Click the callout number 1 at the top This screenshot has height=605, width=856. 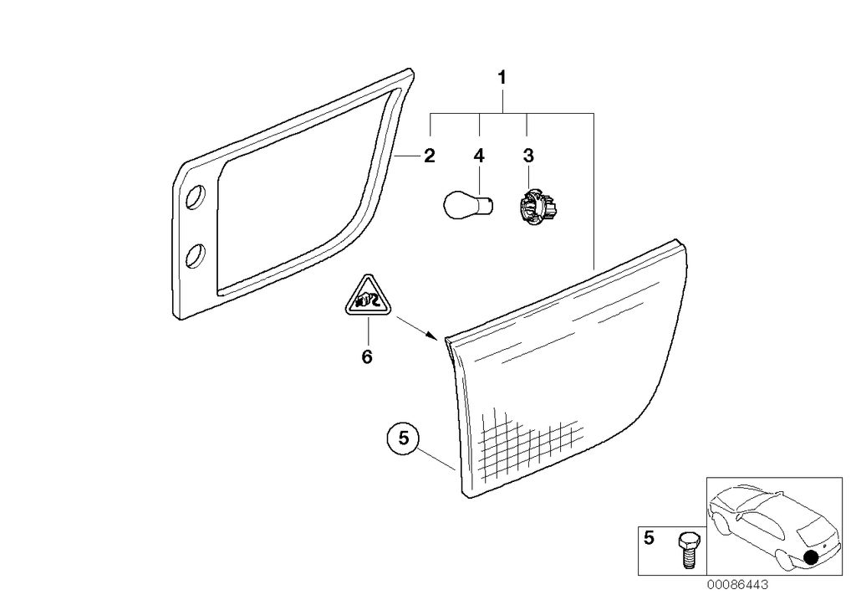click(x=502, y=79)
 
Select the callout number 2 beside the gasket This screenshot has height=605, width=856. click(x=429, y=156)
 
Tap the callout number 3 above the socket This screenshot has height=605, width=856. click(x=527, y=156)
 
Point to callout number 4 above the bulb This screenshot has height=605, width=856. click(x=479, y=156)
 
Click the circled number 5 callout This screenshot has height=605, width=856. click(x=403, y=438)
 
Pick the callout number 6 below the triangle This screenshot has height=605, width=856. click(x=366, y=357)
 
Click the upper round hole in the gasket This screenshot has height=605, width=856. click(x=195, y=197)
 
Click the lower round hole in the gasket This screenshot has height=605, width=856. click(x=195, y=254)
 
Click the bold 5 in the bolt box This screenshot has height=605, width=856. click(x=650, y=540)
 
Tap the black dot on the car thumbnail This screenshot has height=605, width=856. click(x=809, y=558)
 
